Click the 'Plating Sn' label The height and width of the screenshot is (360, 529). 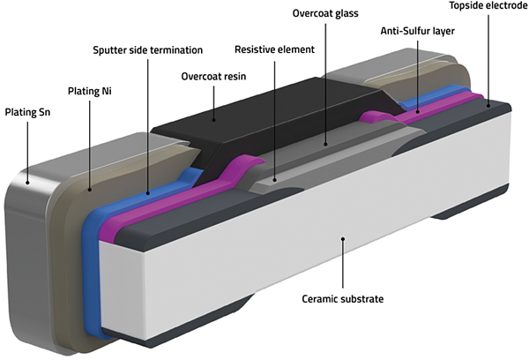click(27, 112)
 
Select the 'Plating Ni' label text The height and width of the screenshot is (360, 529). click(90, 91)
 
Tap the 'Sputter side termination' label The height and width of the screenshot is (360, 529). click(148, 50)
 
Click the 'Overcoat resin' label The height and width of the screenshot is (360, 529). click(213, 76)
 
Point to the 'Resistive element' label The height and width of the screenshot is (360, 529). click(274, 49)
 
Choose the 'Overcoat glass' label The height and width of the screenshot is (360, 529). click(325, 13)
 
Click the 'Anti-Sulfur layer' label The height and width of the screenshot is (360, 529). click(418, 31)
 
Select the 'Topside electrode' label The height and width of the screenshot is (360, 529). click(488, 6)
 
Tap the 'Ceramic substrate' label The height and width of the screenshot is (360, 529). click(342, 299)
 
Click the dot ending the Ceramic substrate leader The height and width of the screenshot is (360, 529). click(343, 239)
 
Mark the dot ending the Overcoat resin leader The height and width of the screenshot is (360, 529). click(213, 119)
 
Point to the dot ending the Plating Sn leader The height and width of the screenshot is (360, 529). click(27, 183)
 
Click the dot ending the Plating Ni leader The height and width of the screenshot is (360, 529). click(90, 190)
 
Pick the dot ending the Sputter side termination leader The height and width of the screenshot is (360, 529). click(148, 193)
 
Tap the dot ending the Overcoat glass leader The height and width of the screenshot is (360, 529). click(325, 144)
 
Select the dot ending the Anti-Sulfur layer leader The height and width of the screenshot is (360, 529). click(418, 111)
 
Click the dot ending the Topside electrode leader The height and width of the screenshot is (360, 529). click(488, 106)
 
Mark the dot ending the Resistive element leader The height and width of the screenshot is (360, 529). click(274, 180)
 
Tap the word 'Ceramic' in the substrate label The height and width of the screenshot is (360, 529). click(320, 299)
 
